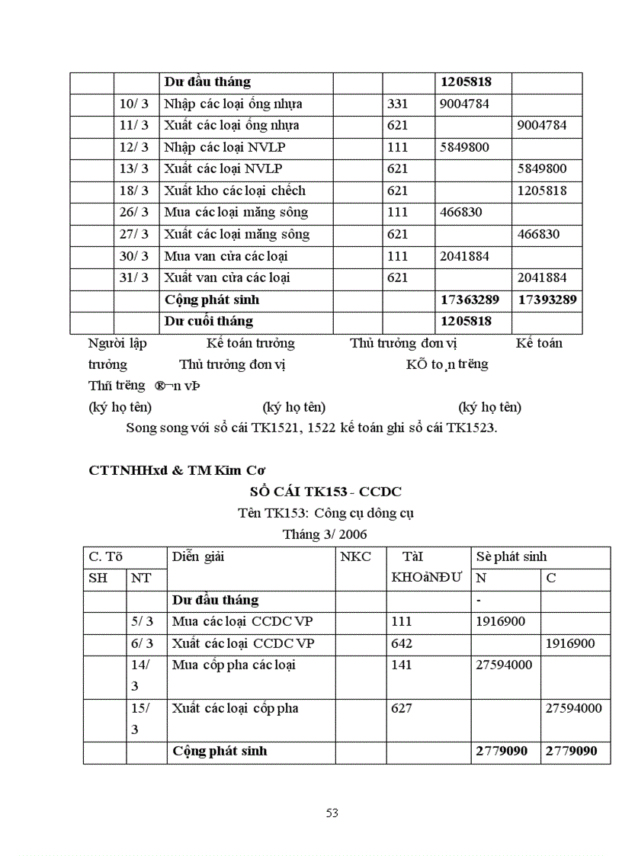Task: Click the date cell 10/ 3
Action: (x=134, y=104)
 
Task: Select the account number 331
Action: (x=398, y=104)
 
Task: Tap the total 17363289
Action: (x=473, y=300)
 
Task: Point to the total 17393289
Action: (x=547, y=300)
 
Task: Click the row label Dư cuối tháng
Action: (x=209, y=322)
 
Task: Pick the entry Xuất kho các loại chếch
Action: (x=235, y=191)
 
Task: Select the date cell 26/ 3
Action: (x=134, y=213)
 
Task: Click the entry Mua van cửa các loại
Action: (x=226, y=257)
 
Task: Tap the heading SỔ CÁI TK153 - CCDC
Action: (x=325, y=492)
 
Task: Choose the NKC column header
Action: (x=356, y=557)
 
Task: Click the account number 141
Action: (x=402, y=665)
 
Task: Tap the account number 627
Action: (x=402, y=709)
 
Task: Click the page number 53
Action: (x=332, y=813)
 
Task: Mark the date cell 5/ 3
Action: (x=143, y=622)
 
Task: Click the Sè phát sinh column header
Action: (x=511, y=557)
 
